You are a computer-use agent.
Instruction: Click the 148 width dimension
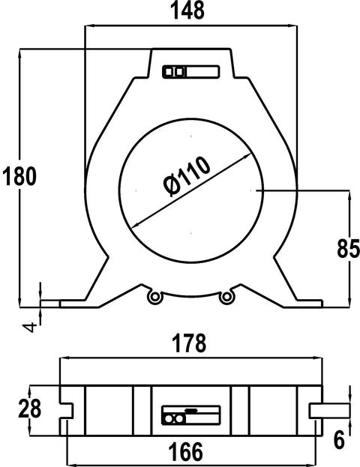[x=187, y=10]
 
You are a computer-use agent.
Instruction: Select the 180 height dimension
[x=19, y=176]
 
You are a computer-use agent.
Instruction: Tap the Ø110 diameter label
[x=187, y=176]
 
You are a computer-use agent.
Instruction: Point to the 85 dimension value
[x=348, y=248]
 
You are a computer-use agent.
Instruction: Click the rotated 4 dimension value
[x=30, y=328]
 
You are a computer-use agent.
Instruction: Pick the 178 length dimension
[x=189, y=343]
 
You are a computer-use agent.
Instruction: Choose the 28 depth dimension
[x=29, y=409]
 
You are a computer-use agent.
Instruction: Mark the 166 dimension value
[x=186, y=451]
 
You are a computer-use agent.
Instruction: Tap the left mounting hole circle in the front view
[x=155, y=296]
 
